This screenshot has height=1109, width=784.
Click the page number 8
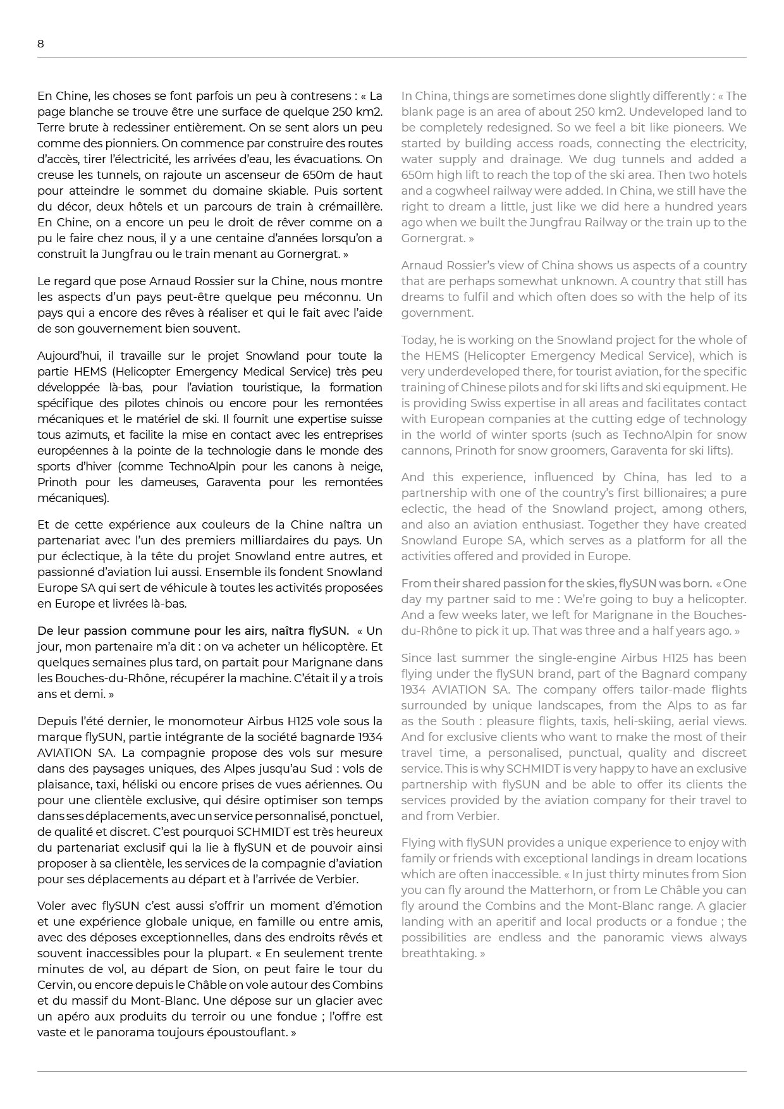point(41,44)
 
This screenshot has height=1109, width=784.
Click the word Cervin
point(56,985)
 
